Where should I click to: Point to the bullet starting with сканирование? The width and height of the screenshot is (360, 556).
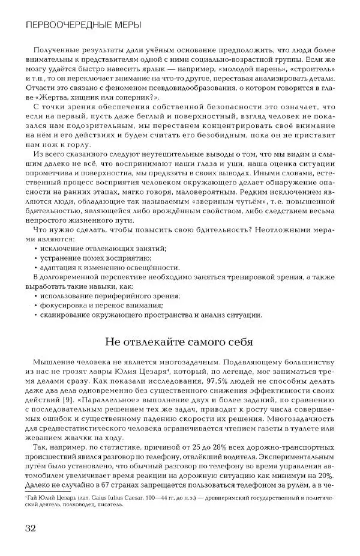click(150, 315)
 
